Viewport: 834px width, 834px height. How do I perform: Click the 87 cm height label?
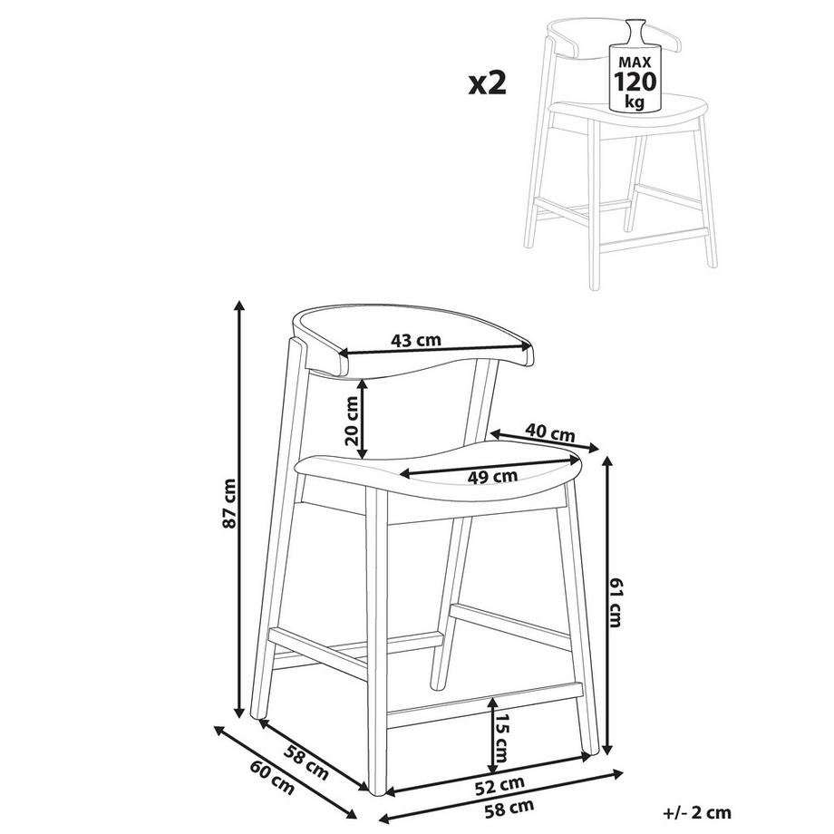tap(229, 503)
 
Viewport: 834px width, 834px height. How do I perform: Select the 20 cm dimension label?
tap(352, 421)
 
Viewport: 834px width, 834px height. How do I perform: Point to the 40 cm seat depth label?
tap(550, 432)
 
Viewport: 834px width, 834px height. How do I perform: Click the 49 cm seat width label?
tap(492, 477)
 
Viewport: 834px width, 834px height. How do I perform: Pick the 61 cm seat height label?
tap(616, 602)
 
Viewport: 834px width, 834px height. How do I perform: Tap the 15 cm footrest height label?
tap(502, 738)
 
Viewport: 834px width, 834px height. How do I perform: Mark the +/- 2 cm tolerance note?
tap(697, 813)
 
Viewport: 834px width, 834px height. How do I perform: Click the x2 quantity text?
tap(487, 84)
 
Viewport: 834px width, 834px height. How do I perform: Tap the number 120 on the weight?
tap(635, 82)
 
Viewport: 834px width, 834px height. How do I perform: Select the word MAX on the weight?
tap(635, 62)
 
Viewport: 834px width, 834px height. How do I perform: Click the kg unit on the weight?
tap(635, 101)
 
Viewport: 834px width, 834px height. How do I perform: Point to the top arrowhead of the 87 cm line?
tap(239, 305)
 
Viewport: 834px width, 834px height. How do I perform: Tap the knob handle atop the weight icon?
tap(634, 30)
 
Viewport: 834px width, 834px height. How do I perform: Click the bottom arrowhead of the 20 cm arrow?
tap(363, 452)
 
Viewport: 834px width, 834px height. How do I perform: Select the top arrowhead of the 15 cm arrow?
tap(493, 703)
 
